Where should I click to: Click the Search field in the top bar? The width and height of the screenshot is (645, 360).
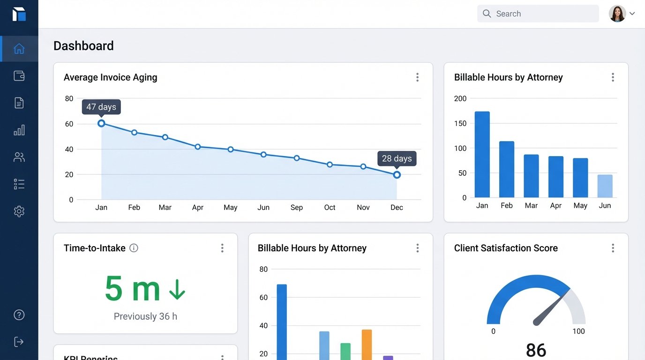(x=538, y=14)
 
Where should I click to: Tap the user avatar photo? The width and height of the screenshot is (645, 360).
(x=617, y=14)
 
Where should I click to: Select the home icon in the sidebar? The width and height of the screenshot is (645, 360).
(x=19, y=49)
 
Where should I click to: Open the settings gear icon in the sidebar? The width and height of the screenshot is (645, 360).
(x=19, y=211)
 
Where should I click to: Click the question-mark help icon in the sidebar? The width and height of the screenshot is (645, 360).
(x=19, y=315)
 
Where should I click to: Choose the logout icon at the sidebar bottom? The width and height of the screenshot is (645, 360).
(x=19, y=342)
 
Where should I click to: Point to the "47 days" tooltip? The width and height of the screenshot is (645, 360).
(x=101, y=107)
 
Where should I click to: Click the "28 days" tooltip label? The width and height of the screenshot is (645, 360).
(x=397, y=158)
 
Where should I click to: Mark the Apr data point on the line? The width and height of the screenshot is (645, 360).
(x=198, y=147)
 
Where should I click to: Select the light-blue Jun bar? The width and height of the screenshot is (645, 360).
(x=605, y=186)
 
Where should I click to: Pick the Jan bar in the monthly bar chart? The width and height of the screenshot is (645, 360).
(x=482, y=154)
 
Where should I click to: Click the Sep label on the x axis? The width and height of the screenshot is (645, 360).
(x=296, y=208)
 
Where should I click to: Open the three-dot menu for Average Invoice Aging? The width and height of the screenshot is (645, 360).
(x=417, y=77)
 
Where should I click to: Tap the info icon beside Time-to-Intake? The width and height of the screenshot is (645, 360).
(x=134, y=248)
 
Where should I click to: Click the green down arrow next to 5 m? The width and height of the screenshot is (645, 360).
(x=177, y=289)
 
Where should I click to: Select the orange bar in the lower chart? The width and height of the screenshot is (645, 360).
(x=367, y=345)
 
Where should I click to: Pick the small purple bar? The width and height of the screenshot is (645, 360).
(x=388, y=358)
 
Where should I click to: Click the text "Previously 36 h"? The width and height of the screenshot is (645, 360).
(x=145, y=316)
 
